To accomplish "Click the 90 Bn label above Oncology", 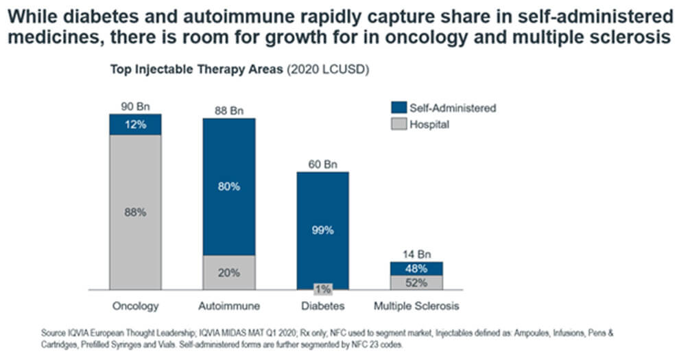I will click(x=135, y=106).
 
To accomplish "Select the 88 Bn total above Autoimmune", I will click(x=228, y=110).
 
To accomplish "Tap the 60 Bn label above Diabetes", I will click(x=322, y=164).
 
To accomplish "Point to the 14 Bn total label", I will click(x=416, y=254).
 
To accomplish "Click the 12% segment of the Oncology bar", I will click(x=135, y=124).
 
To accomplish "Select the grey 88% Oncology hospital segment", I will click(x=135, y=212).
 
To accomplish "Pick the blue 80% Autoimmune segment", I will click(x=228, y=187).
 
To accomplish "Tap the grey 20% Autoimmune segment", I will click(x=228, y=272).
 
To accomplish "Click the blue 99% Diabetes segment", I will click(x=322, y=230).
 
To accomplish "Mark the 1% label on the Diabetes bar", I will click(x=322, y=289).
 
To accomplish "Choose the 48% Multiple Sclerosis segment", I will click(x=416, y=269).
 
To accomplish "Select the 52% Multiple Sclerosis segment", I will click(x=416, y=282).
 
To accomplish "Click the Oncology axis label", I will click(x=135, y=305).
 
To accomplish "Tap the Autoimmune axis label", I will click(x=228, y=305).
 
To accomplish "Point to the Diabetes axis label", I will click(x=322, y=305).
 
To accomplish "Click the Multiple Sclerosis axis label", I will click(x=416, y=305).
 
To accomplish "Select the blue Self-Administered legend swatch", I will click(x=398, y=108).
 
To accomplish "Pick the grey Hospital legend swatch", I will click(x=398, y=124).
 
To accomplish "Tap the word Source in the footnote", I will click(x=53, y=333).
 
